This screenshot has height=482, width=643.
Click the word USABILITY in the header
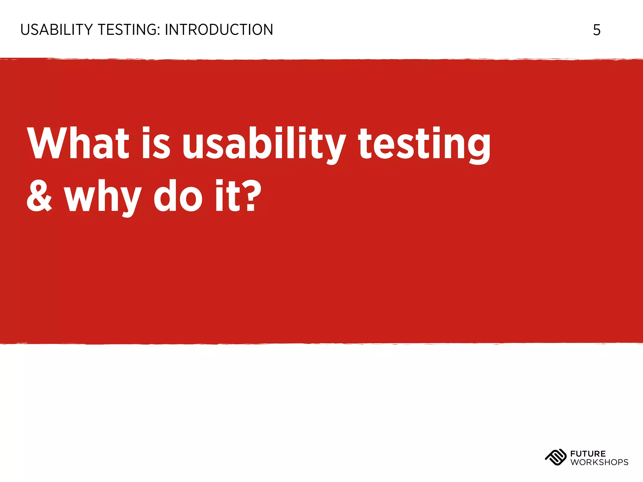[x=57, y=30]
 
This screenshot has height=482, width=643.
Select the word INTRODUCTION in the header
[x=219, y=30]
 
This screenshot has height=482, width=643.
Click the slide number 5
[x=597, y=30]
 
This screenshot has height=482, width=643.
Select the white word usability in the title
[x=264, y=144]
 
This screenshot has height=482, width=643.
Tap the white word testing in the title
[x=424, y=144]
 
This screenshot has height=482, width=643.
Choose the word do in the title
[x=178, y=197]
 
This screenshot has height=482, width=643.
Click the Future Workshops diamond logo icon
[x=555, y=458]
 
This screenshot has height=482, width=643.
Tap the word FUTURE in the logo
[x=588, y=454]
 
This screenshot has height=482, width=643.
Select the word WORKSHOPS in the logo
[x=599, y=462]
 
